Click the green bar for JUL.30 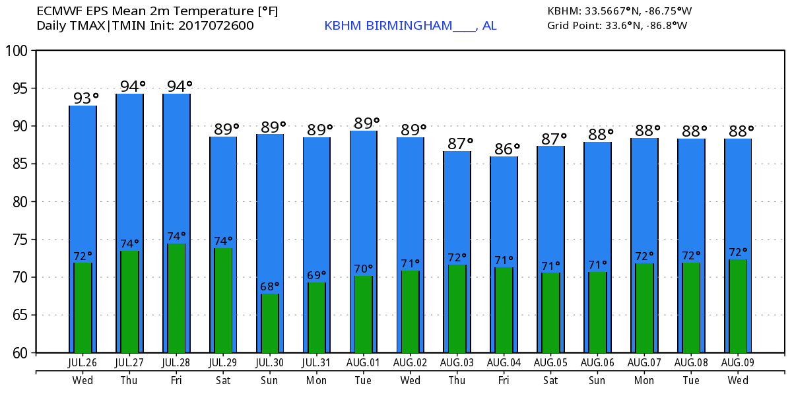[270, 323]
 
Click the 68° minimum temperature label [270, 286]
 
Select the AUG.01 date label [364, 362]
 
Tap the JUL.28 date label [176, 362]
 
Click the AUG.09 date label [738, 362]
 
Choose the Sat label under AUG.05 [550, 380]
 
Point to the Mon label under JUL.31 [316, 380]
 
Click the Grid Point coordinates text [617, 26]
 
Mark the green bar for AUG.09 [738, 306]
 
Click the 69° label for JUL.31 [317, 275]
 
